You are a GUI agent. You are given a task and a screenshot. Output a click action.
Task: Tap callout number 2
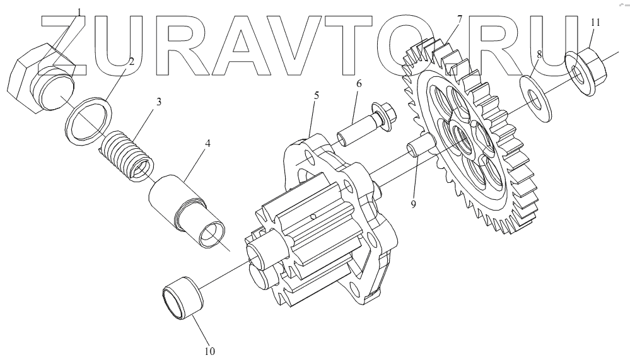tap(131, 62)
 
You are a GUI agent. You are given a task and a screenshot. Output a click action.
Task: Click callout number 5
tap(316, 96)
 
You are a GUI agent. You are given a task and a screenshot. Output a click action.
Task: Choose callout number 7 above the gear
tap(458, 19)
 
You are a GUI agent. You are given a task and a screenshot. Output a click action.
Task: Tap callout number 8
tap(539, 55)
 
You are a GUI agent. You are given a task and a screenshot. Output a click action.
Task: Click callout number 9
tap(413, 205)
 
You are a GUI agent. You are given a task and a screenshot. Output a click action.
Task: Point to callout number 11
tap(595, 22)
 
